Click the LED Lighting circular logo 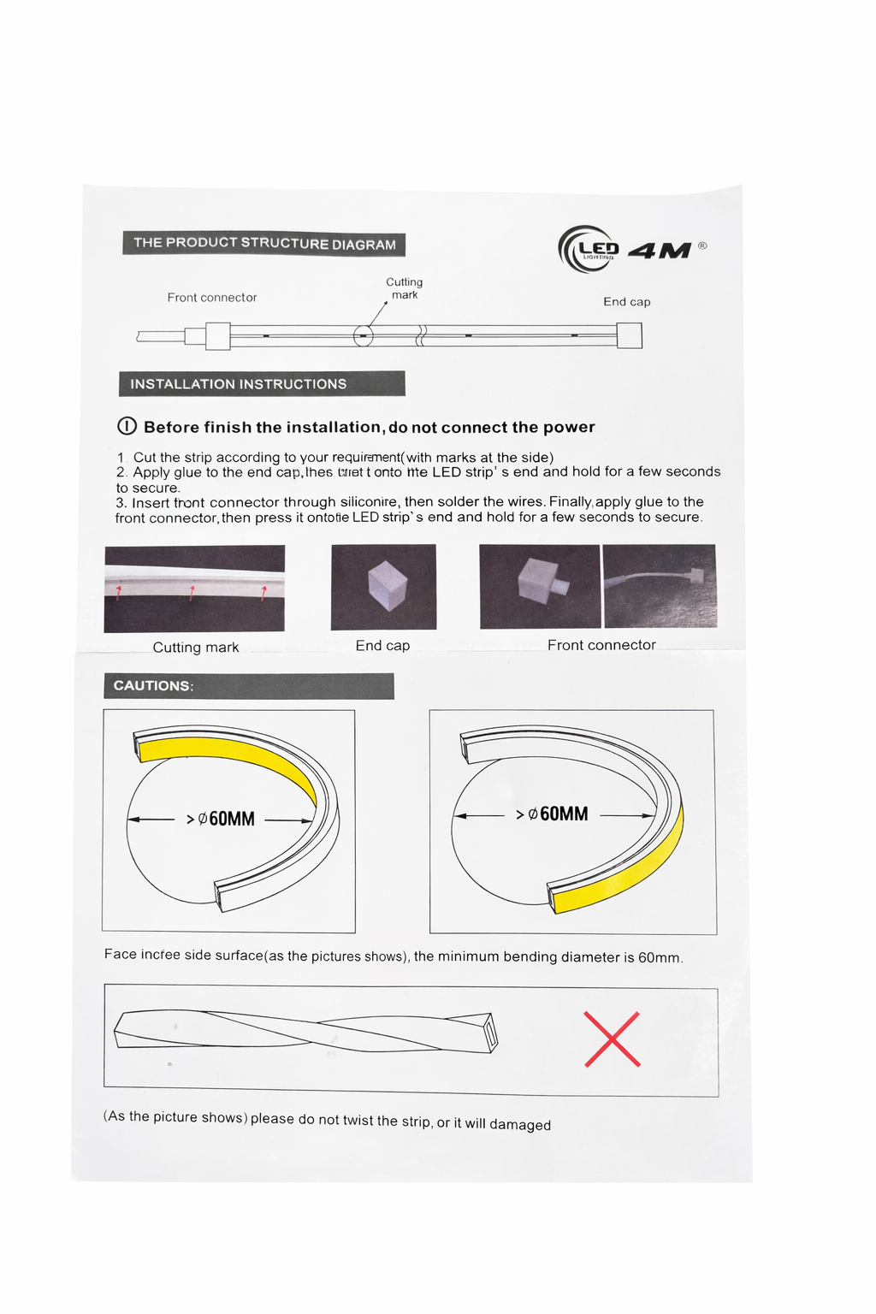588,249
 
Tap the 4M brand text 660,251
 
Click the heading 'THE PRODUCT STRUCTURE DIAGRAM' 263,244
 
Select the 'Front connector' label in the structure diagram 212,298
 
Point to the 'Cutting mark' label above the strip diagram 405,288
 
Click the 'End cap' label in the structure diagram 627,302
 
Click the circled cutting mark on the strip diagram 364,335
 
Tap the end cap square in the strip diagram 630,335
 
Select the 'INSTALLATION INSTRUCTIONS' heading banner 262,384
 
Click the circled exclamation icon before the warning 127,426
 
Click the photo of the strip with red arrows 194,589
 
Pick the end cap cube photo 383,587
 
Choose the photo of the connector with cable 660,586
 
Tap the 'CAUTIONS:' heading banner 249,686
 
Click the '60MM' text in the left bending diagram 232,819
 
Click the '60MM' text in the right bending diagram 564,814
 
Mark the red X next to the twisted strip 613,1039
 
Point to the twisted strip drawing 306,1031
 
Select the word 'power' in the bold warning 569,427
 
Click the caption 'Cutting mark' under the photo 196,648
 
